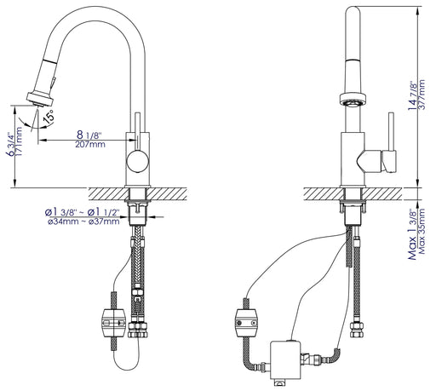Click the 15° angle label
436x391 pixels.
click(x=49, y=117)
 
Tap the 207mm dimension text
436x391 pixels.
click(x=90, y=145)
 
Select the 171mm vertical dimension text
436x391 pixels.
click(x=19, y=141)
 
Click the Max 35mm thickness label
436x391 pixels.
click(x=422, y=231)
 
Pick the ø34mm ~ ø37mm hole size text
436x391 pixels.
click(x=83, y=221)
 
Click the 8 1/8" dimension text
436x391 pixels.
click(x=89, y=135)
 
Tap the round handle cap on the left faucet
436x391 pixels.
click(x=138, y=162)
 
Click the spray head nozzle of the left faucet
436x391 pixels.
click(x=40, y=100)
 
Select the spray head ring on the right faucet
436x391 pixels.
click(x=353, y=100)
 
